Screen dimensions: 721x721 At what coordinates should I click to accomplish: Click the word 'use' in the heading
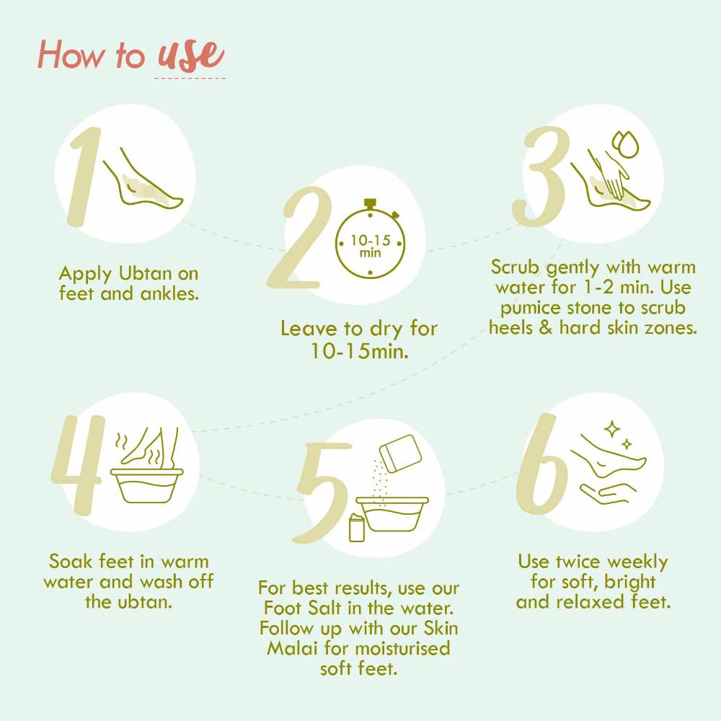(x=191, y=56)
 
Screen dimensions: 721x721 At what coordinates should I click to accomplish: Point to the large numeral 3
(x=539, y=177)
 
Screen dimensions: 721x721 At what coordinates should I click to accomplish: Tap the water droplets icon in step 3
(x=625, y=144)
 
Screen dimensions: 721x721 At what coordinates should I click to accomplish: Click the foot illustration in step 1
(x=143, y=182)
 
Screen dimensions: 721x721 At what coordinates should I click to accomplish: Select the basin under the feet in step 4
(x=146, y=486)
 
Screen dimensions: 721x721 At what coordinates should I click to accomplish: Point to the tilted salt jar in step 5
(x=400, y=454)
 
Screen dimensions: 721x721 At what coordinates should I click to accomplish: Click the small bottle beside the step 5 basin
(x=357, y=528)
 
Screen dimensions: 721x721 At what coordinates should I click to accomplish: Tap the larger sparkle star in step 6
(x=611, y=430)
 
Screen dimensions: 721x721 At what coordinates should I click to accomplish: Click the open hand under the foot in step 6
(x=607, y=493)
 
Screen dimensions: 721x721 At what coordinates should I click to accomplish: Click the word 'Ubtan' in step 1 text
(x=146, y=273)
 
